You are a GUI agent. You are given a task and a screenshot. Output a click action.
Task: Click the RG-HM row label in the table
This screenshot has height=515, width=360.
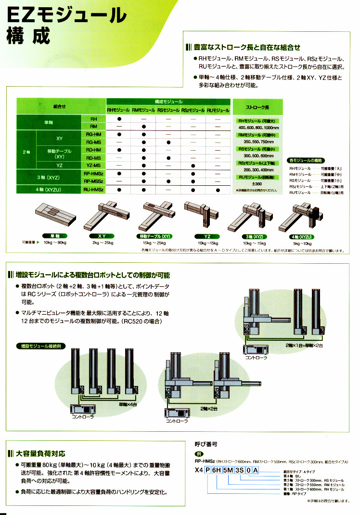click(x=93, y=134)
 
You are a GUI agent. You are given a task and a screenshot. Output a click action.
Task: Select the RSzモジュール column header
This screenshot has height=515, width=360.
click(x=193, y=110)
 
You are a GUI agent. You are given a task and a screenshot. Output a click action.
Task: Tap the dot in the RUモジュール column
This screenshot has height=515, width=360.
click(x=218, y=190)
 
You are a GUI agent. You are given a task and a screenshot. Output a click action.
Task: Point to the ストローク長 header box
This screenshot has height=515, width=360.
click(x=257, y=106)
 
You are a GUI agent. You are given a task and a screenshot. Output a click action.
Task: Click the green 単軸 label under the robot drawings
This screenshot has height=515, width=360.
click(x=54, y=236)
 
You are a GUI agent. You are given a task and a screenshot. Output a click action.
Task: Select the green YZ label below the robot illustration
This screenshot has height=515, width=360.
click(x=202, y=236)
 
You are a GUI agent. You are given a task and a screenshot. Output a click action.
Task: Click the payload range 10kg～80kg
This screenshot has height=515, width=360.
click(x=54, y=244)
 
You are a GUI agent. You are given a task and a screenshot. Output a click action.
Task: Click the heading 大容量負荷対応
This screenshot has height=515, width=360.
click(x=40, y=453)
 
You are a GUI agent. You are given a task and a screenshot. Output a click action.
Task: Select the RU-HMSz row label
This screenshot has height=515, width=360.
click(x=93, y=190)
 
